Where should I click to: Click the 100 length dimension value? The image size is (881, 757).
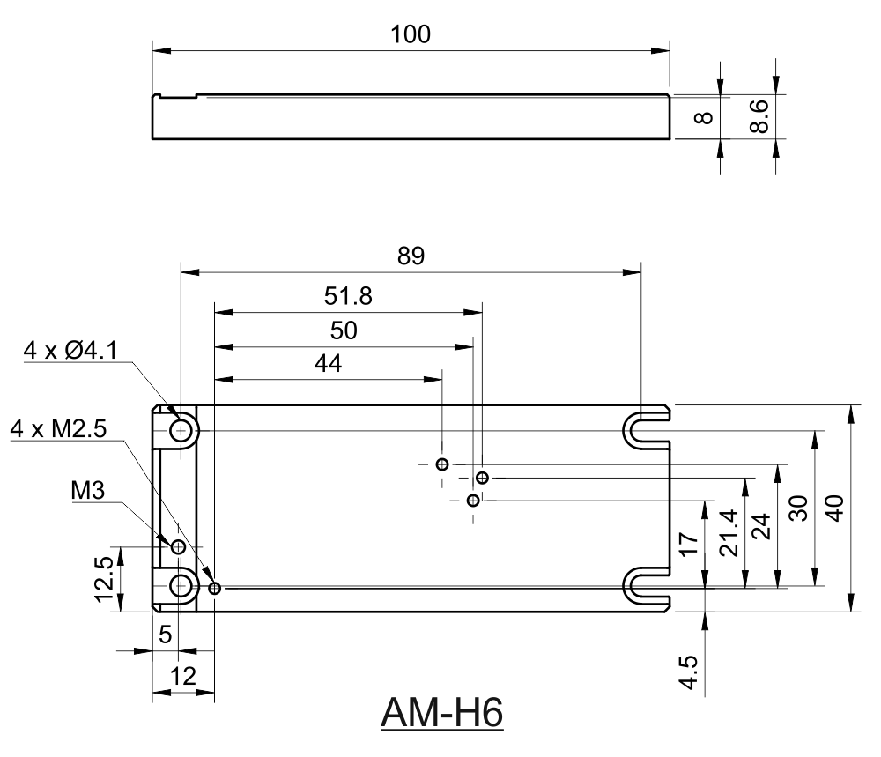click(x=411, y=34)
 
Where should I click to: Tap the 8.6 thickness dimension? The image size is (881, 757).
click(x=759, y=115)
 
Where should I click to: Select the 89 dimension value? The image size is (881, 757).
click(x=411, y=256)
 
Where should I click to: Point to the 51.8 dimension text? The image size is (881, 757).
click(x=349, y=297)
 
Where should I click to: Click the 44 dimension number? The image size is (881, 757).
click(x=328, y=364)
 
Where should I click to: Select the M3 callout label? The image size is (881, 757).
click(x=89, y=490)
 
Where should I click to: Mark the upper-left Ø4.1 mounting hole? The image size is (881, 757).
click(x=181, y=431)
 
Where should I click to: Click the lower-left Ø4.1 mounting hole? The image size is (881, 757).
click(x=181, y=585)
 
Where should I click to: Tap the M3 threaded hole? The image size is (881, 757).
click(x=178, y=547)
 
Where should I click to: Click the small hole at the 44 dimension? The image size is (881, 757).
click(x=442, y=464)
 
